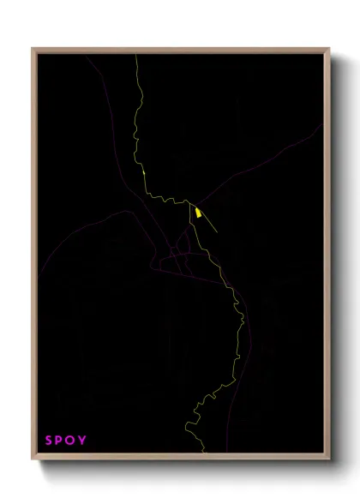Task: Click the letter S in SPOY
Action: [x=49, y=441]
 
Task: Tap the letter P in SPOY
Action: [x=60, y=441]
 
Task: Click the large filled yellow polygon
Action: [x=198, y=213]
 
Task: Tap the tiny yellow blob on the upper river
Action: [x=144, y=173]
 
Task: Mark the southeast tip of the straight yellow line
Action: [x=218, y=232]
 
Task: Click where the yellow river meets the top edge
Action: [x=136, y=56]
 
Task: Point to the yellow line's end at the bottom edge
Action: [x=203, y=452]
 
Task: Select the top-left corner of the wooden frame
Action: [x=33, y=49]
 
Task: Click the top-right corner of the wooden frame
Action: [x=329, y=49]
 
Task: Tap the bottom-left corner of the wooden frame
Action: [x=33, y=459]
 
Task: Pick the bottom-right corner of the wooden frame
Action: [x=329, y=459]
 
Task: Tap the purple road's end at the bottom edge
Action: [x=225, y=451]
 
